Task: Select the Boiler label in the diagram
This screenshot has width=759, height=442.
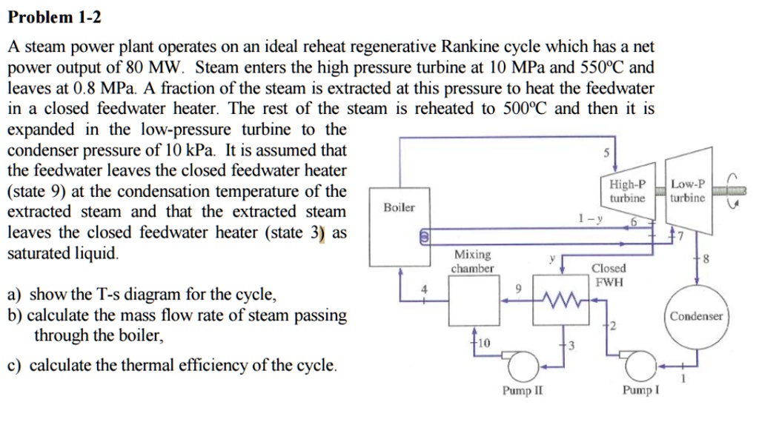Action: pyautogui.click(x=399, y=208)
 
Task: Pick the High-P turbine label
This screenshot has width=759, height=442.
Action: pyautogui.click(x=627, y=192)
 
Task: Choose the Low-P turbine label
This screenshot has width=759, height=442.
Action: pyautogui.click(x=686, y=191)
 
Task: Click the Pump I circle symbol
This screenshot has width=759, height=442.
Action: pyautogui.click(x=640, y=364)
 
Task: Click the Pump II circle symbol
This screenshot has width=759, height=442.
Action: pyautogui.click(x=522, y=364)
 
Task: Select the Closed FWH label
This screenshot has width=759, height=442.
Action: pyautogui.click(x=608, y=274)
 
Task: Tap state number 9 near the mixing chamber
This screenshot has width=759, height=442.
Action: pyautogui.click(x=518, y=289)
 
